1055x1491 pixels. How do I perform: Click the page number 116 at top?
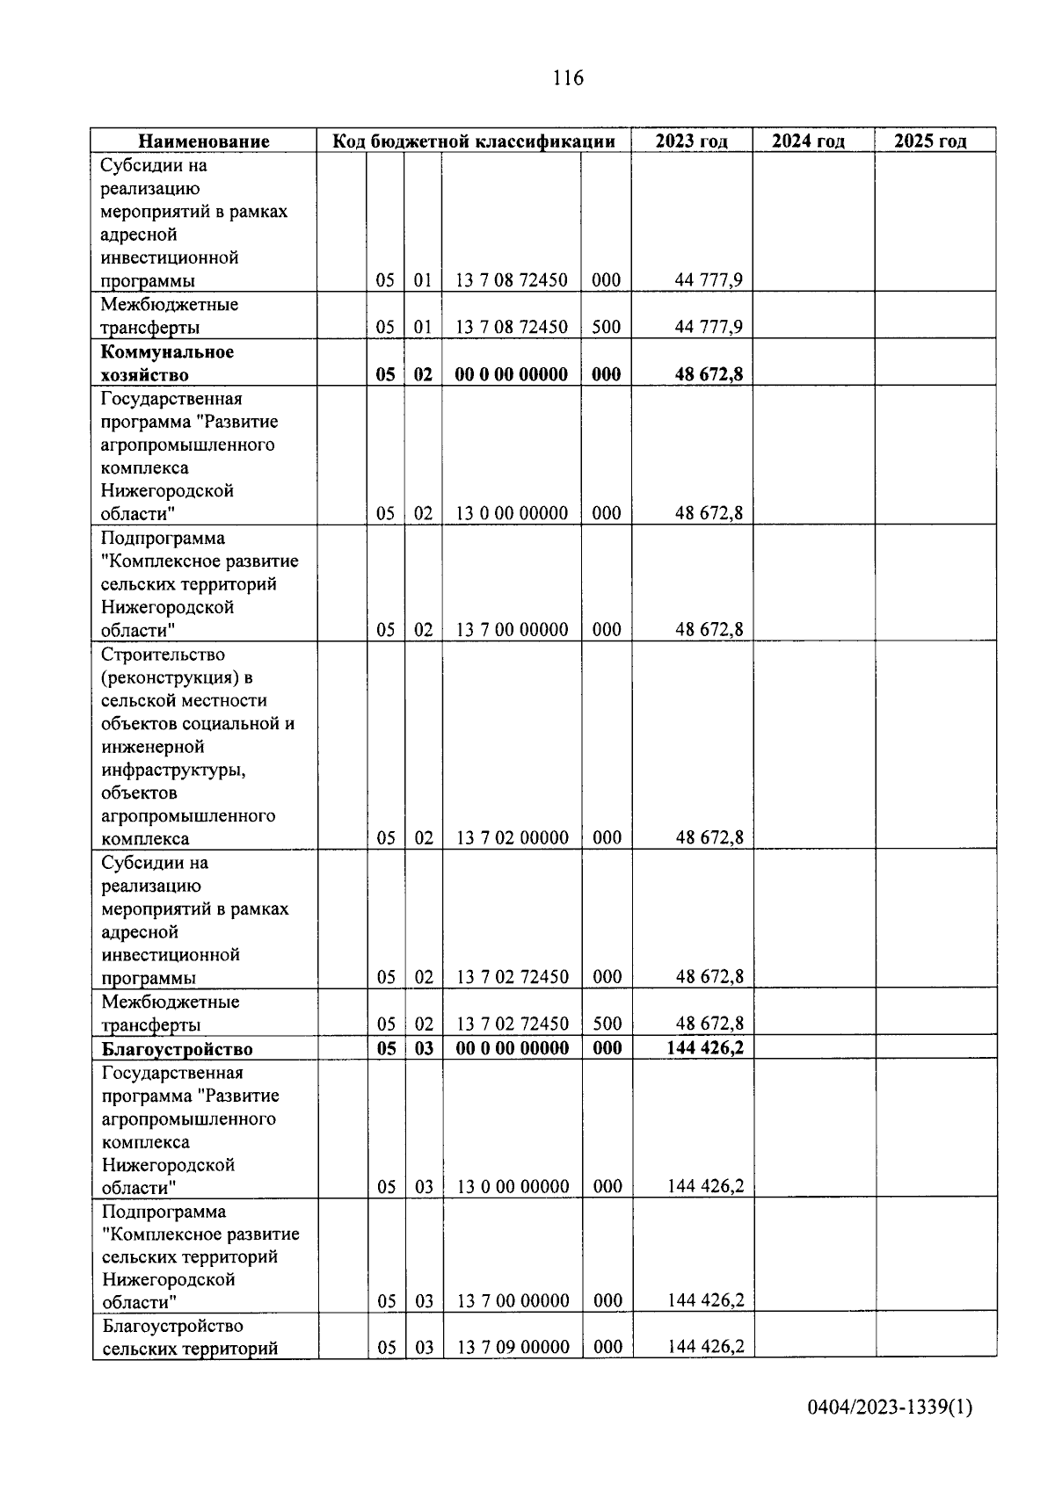[x=567, y=78]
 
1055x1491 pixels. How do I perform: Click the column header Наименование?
[x=204, y=141]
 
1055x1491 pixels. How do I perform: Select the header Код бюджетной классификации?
[x=473, y=141]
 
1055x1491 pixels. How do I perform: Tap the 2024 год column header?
[x=808, y=141]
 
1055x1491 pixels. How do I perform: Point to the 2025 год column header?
[x=930, y=141]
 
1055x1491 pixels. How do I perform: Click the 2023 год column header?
[x=691, y=141]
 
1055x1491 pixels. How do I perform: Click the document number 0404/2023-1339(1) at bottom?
[x=890, y=1408]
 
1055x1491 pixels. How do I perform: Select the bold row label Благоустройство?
[x=177, y=1049]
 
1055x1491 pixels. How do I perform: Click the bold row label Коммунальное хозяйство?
[x=167, y=363]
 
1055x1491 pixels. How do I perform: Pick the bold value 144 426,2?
[x=705, y=1047]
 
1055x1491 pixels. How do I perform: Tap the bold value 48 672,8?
[x=709, y=374]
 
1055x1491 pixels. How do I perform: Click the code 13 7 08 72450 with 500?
[x=511, y=328]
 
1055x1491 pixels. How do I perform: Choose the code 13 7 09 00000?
[x=513, y=1347]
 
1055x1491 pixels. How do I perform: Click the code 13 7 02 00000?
[x=512, y=837]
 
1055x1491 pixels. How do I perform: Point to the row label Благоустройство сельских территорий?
[x=190, y=1336]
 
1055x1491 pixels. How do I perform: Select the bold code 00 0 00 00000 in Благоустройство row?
[x=512, y=1048]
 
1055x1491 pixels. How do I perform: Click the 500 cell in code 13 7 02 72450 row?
[x=607, y=1024]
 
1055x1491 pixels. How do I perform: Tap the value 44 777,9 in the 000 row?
[x=709, y=280]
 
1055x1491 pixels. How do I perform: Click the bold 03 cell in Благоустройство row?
[x=424, y=1048]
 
